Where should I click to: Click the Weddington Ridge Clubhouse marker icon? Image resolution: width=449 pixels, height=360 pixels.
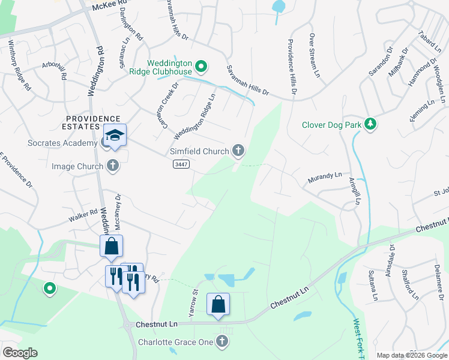[202, 65]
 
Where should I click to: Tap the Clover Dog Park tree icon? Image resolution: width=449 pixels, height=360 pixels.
[372, 124]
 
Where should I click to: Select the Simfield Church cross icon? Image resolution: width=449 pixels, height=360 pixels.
[238, 151]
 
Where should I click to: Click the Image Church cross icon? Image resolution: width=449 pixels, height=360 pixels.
[112, 165]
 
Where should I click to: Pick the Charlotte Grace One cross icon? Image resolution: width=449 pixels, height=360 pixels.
[222, 341]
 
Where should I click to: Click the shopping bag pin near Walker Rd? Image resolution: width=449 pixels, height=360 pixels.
[112, 245]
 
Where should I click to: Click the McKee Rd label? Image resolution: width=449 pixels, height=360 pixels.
[112, 5]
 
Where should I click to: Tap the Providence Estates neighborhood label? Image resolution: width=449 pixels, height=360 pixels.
[92, 122]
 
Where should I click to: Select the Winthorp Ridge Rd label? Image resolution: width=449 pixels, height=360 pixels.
[19, 66]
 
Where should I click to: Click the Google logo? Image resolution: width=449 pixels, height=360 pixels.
[20, 353]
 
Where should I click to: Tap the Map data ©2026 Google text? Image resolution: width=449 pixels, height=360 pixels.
[412, 355]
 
